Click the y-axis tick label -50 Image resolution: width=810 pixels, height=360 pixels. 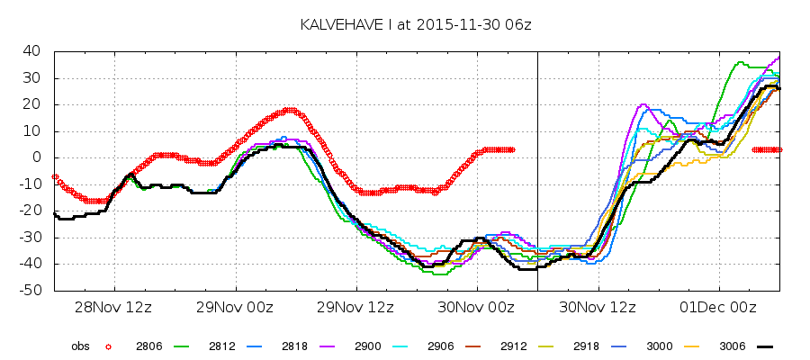pos(33,291)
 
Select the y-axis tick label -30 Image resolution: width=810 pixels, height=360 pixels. pos(33,238)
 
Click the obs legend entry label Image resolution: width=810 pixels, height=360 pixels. pos(81,346)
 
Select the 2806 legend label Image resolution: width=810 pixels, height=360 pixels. pos(148,346)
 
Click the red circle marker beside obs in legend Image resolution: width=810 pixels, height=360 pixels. pos(108,346)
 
